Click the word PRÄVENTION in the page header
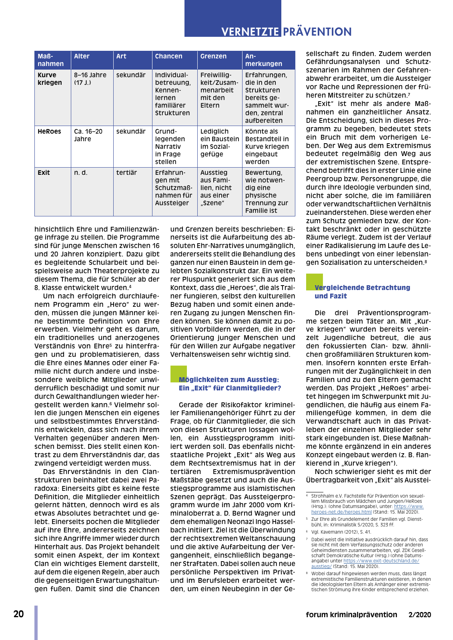click(317, 32)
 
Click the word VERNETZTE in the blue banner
click(250, 32)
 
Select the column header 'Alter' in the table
click(82, 56)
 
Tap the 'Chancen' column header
click(168, 56)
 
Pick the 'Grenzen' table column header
click(213, 56)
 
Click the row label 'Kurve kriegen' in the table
click(50, 79)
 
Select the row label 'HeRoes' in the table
click(49, 132)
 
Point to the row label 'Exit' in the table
click(44, 173)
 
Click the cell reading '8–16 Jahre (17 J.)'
click(90, 79)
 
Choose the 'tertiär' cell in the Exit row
click(126, 173)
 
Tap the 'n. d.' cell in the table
click(80, 173)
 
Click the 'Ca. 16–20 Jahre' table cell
click(88, 135)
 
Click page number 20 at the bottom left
click(18, 614)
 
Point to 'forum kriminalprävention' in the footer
click(351, 615)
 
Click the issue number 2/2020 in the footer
click(420, 615)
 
